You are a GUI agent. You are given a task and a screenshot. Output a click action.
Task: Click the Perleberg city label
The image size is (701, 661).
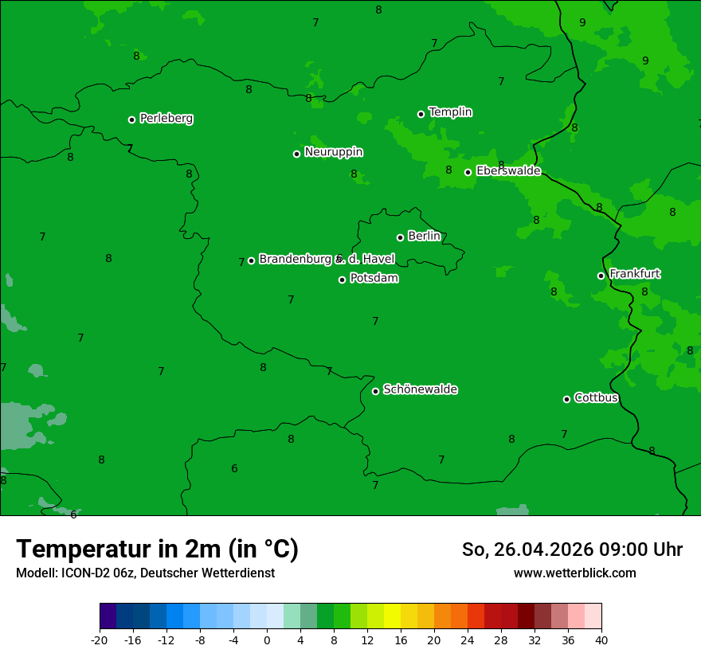166,119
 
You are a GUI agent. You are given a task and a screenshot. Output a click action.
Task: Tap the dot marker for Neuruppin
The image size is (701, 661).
296,154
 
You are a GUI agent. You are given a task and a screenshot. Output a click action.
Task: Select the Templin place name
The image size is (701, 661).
450,112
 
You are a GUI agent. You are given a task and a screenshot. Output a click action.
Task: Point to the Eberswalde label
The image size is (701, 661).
508,171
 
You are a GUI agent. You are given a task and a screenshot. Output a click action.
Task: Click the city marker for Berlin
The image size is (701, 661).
400,237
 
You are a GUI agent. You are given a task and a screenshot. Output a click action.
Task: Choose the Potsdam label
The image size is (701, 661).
374,279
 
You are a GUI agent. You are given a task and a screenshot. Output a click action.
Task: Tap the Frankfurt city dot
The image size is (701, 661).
601,276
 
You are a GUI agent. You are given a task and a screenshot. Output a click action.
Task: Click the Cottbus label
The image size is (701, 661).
596,397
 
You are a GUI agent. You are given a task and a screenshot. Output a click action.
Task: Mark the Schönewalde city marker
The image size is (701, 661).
375,391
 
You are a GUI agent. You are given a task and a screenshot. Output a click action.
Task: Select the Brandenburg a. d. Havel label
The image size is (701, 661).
327,259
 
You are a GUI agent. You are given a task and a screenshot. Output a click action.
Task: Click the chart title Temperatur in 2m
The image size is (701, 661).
157,549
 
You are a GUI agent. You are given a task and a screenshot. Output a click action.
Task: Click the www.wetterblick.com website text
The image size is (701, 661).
574,573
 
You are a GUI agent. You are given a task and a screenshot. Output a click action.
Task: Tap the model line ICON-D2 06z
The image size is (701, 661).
145,573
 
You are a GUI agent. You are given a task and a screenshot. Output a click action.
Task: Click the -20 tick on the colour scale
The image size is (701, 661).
99,639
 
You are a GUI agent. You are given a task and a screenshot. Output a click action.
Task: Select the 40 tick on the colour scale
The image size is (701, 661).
601,639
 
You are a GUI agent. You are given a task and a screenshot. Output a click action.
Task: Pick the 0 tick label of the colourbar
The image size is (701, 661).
267,639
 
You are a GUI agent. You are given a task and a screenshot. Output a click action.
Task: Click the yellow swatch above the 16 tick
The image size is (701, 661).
392,616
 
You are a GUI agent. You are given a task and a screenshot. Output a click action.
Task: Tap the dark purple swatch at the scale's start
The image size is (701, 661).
108,616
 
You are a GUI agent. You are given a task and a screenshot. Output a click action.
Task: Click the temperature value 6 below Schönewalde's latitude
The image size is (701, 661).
234,468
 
